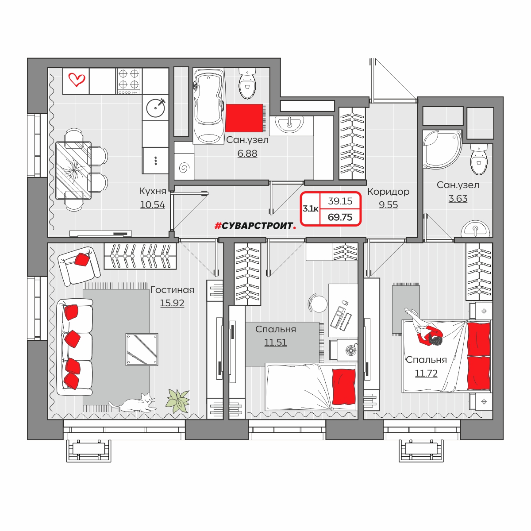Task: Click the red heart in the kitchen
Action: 77,80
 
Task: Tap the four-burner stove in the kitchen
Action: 129,81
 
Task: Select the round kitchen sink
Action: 156,107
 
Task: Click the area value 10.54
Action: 152,205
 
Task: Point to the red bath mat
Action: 244,118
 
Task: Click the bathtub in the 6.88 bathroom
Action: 208,106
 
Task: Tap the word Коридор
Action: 388,192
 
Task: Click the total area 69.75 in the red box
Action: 340,217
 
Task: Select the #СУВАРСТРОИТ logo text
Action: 255,226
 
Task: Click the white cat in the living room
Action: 133,403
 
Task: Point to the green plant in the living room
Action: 178,401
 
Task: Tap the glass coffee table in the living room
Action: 142,350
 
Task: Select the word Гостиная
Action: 172,290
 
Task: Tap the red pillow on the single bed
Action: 344,387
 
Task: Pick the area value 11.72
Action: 426,373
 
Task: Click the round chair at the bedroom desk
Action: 318,304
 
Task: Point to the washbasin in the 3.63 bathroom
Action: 475,228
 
